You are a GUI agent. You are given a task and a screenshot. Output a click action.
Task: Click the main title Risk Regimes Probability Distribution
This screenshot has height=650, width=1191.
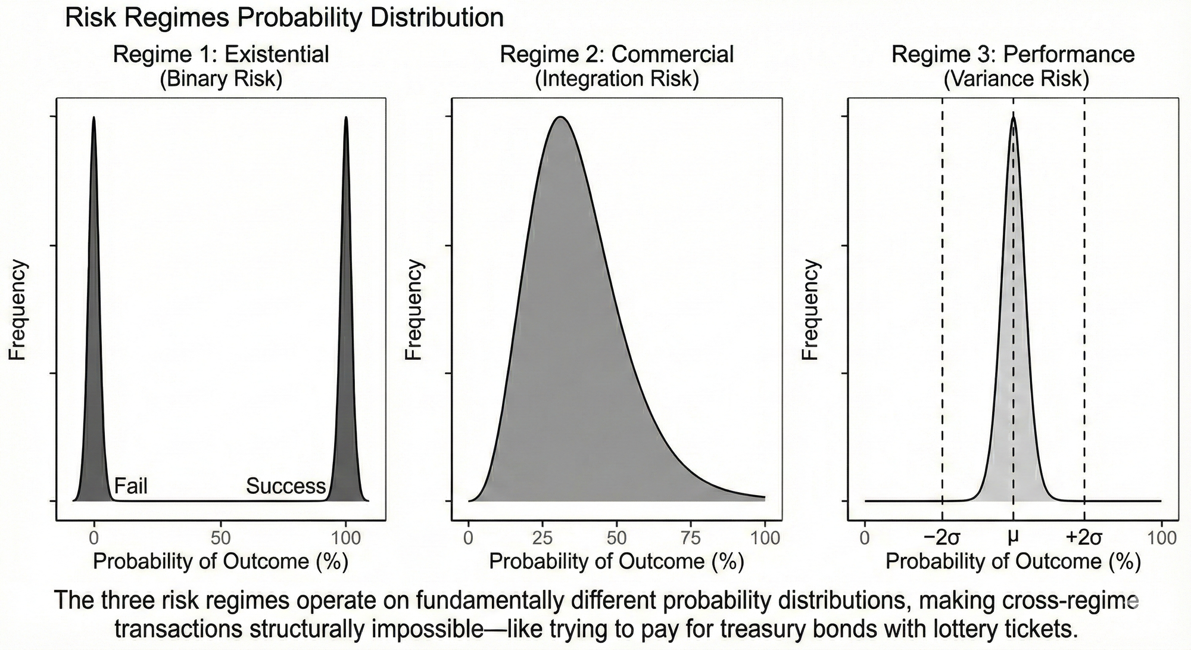284,18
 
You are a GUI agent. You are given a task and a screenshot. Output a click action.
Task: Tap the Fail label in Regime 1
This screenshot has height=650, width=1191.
130,486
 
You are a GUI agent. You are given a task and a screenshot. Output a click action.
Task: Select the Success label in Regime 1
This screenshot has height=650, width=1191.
286,486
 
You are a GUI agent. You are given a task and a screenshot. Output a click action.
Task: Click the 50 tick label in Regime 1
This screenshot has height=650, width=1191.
221,538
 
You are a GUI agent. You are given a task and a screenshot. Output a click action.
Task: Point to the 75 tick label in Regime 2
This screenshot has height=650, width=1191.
691,538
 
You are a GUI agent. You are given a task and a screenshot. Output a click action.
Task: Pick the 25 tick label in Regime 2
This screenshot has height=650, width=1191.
543,538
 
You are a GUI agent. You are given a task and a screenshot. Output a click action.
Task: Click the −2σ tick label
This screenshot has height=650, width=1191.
942,538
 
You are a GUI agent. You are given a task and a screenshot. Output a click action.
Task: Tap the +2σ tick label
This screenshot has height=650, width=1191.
1084,538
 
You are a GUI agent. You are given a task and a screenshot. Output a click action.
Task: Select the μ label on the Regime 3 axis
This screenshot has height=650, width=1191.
1012,537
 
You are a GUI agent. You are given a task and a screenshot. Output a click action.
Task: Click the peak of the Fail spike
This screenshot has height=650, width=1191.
93,118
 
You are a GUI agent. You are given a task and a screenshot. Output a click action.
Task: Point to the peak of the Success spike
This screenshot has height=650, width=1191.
346,118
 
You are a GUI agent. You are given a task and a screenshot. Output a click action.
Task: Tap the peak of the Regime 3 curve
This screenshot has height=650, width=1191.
1013,117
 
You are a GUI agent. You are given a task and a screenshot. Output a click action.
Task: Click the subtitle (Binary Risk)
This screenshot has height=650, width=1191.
221,79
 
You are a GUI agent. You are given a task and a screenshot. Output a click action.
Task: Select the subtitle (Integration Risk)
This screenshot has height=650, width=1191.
616,79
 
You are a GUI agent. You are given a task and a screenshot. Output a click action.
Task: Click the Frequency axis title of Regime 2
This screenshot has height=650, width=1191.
413,310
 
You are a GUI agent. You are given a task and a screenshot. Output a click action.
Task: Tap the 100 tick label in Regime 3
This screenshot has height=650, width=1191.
1161,538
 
